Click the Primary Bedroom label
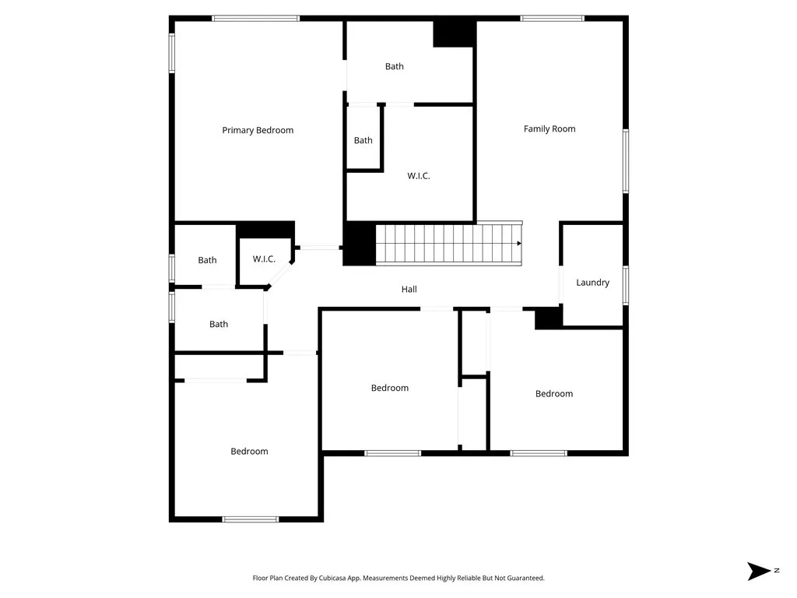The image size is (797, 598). [258, 130]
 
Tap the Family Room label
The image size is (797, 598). [549, 128]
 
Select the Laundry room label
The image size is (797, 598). [592, 283]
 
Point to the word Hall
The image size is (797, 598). [409, 289]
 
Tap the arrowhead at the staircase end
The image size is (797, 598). [518, 243]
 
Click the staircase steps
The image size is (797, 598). [447, 243]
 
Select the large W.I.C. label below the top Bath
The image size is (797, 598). [418, 176]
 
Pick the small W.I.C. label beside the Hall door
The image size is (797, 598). [264, 259]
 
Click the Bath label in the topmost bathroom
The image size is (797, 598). [395, 66]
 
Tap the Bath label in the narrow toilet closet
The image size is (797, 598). [363, 140]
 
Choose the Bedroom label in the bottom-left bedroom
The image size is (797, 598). [249, 451]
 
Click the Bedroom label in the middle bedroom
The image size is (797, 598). [389, 388]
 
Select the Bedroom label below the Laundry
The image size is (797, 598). [554, 393]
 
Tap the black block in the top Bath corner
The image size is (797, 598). [454, 33]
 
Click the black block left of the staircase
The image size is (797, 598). [360, 244]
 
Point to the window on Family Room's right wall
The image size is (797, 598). [625, 161]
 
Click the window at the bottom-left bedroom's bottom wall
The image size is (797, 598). [250, 519]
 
